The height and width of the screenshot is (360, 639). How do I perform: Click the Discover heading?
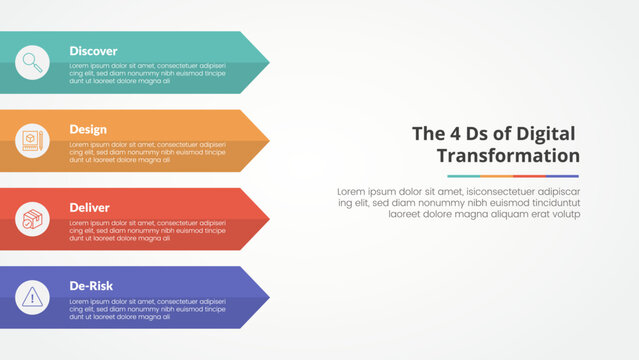93,51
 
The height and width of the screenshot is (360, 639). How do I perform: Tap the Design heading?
88,129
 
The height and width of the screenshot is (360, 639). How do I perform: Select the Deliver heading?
89,207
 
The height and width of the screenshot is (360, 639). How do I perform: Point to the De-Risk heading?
90,286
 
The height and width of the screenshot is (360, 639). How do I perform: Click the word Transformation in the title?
508,155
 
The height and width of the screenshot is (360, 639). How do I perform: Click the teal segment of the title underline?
463,176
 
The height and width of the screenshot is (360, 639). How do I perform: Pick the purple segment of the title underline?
562,176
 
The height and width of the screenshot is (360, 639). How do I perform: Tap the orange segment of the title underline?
496,176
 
